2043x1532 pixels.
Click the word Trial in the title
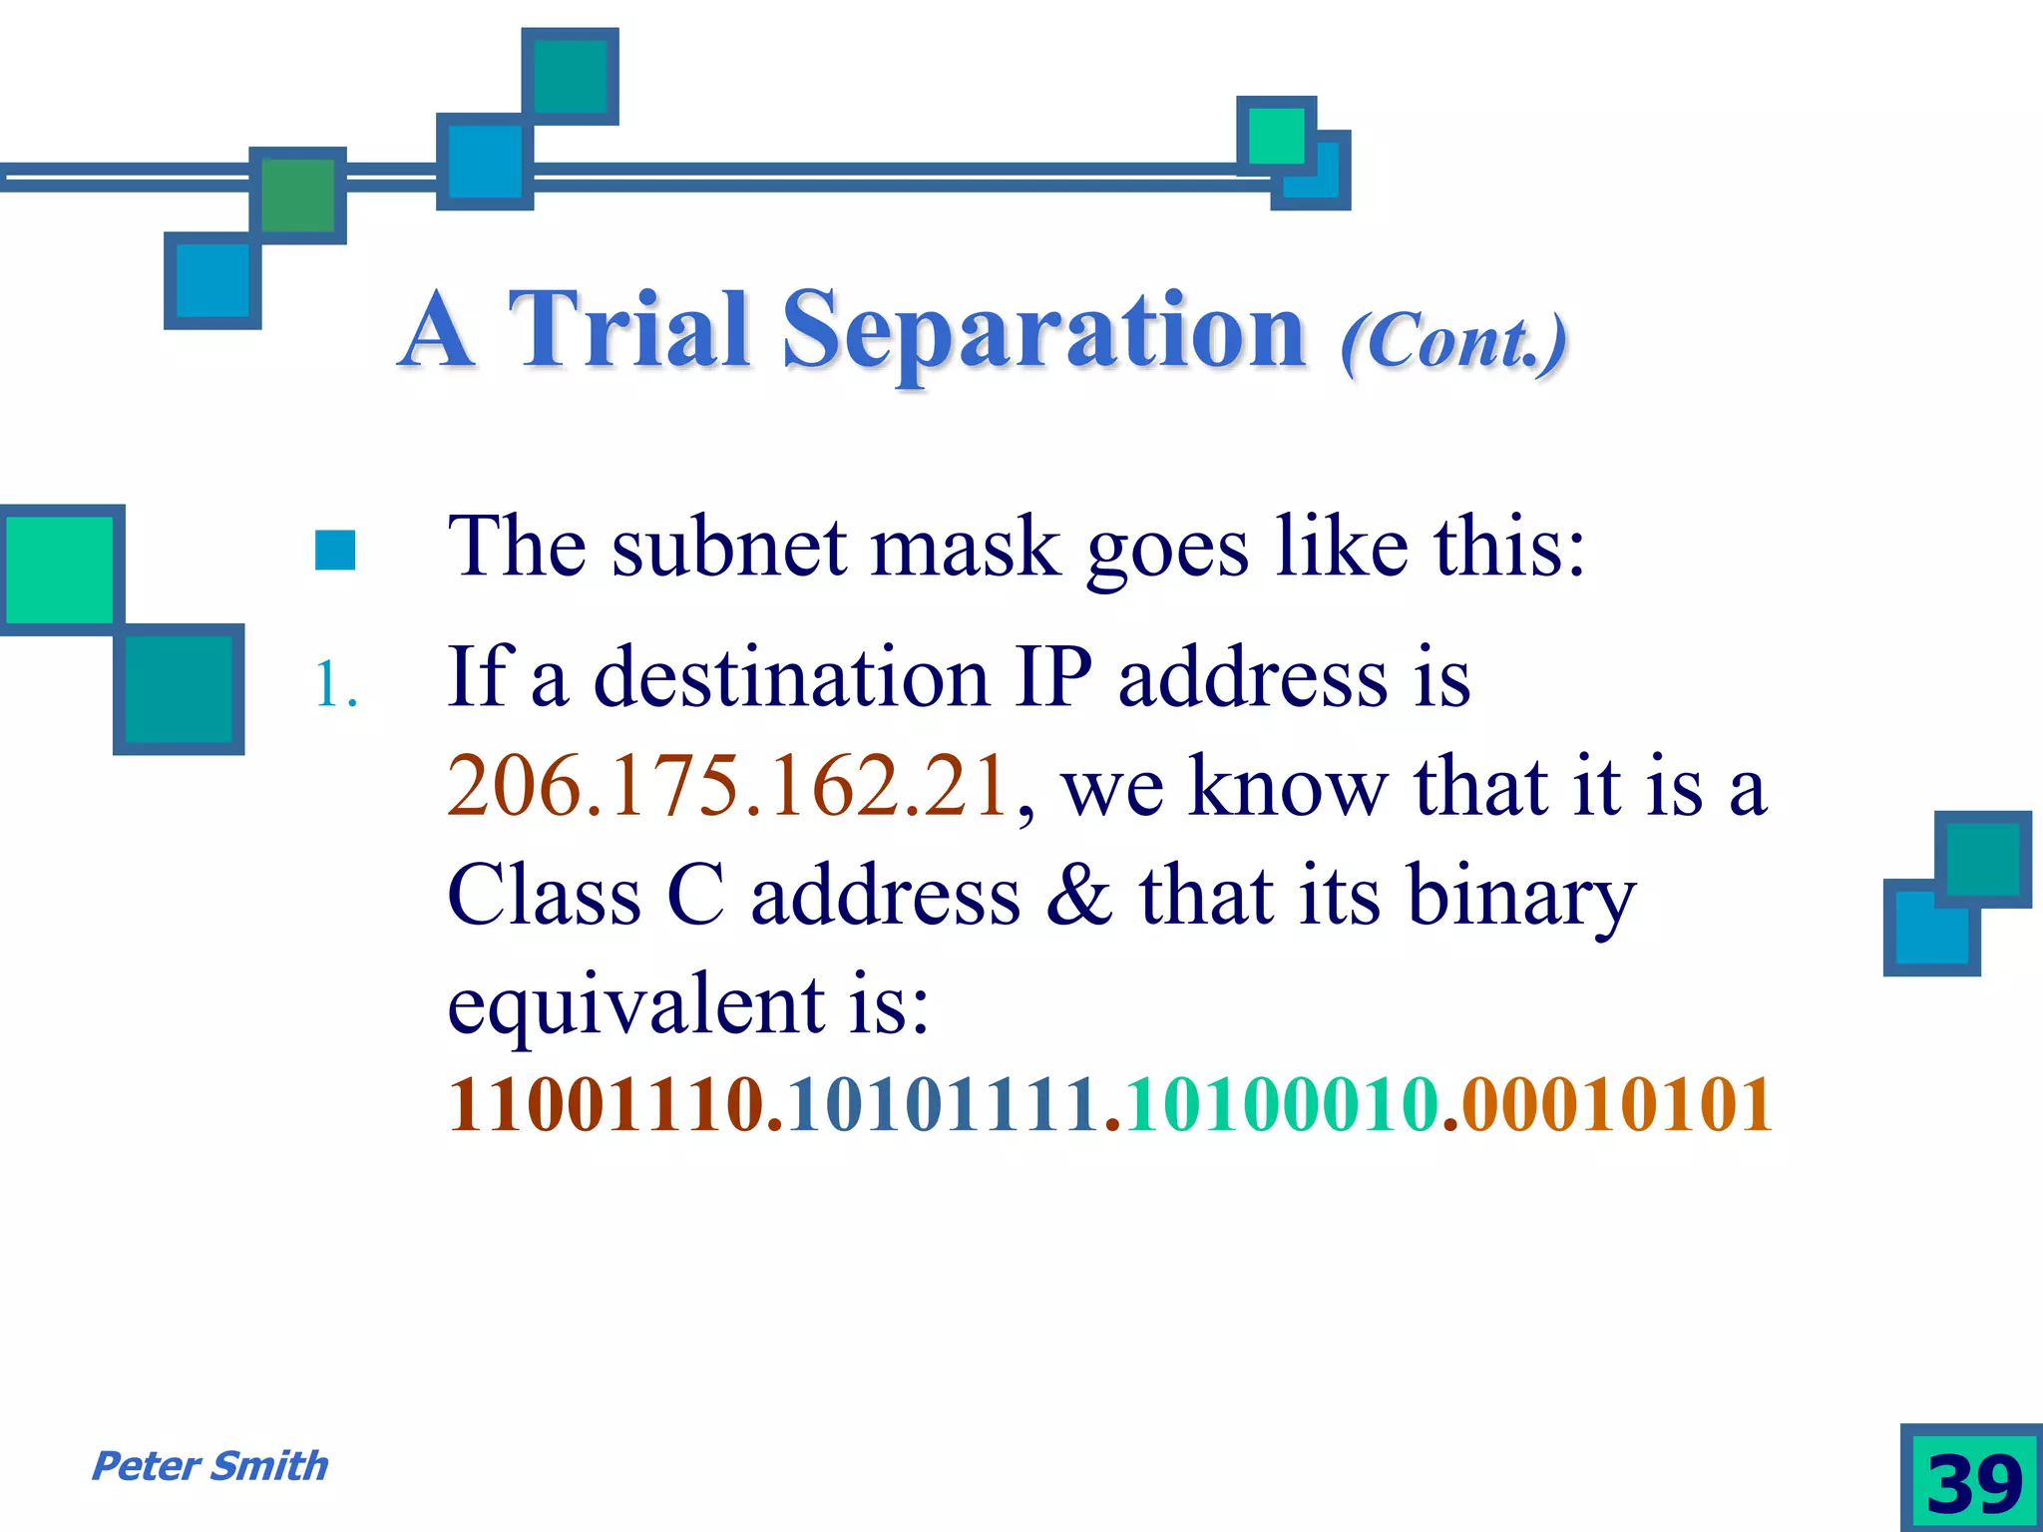[x=628, y=329]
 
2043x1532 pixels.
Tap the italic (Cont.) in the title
[x=1452, y=341]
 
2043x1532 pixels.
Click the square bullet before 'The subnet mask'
[x=335, y=550]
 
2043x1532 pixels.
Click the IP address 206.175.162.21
[x=727, y=786]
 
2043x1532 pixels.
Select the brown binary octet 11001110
[x=606, y=1105]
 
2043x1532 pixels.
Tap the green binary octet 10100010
[x=1282, y=1105]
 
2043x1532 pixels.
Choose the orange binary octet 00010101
[x=1616, y=1105]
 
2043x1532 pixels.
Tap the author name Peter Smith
[x=209, y=1466]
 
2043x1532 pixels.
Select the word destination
[x=791, y=678]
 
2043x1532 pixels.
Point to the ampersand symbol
[x=1078, y=895]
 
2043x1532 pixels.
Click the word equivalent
[x=635, y=1005]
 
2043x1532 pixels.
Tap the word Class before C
[x=544, y=895]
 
